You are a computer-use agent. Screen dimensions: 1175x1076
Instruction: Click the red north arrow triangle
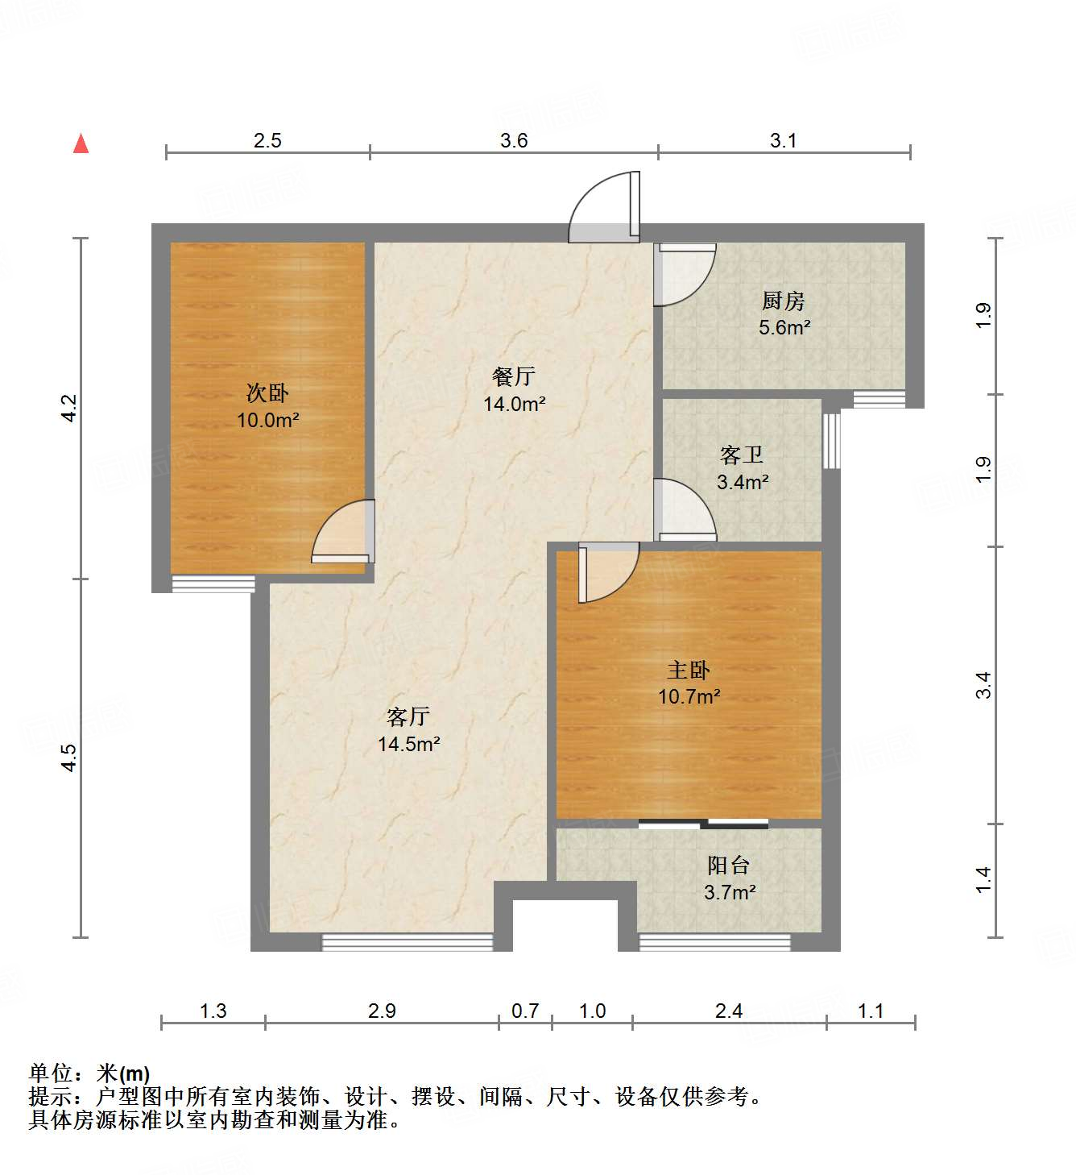click(x=81, y=143)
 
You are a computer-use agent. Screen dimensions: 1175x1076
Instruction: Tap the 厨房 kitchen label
click(x=783, y=301)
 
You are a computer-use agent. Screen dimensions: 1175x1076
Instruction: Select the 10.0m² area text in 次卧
click(x=267, y=420)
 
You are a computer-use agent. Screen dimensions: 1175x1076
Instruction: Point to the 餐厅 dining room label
click(x=513, y=376)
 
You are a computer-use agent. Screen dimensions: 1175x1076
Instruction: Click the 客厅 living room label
click(x=408, y=716)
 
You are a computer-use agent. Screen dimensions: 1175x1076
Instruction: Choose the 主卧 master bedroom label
click(x=689, y=670)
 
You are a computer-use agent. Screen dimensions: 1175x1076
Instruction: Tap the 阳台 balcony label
click(x=729, y=866)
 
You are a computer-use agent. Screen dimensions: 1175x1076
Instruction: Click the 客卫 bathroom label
click(x=742, y=455)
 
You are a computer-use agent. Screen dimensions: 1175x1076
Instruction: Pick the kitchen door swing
click(x=685, y=275)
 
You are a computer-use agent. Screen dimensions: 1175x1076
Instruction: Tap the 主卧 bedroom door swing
click(x=608, y=572)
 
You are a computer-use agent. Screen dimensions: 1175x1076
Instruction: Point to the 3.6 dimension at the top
click(x=514, y=141)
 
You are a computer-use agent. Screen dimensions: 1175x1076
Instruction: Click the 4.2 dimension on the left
click(x=69, y=408)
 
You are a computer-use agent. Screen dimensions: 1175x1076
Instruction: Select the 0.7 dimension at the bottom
click(x=525, y=1011)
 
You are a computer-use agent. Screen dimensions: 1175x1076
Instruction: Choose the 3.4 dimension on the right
click(x=983, y=685)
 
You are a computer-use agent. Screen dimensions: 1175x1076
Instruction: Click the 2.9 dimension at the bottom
click(x=382, y=1011)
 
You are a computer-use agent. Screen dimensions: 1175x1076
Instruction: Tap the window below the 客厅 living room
click(x=408, y=941)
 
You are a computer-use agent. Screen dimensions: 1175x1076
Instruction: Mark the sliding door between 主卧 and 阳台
click(x=703, y=824)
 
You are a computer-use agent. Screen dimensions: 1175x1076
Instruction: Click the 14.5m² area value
click(x=408, y=744)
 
